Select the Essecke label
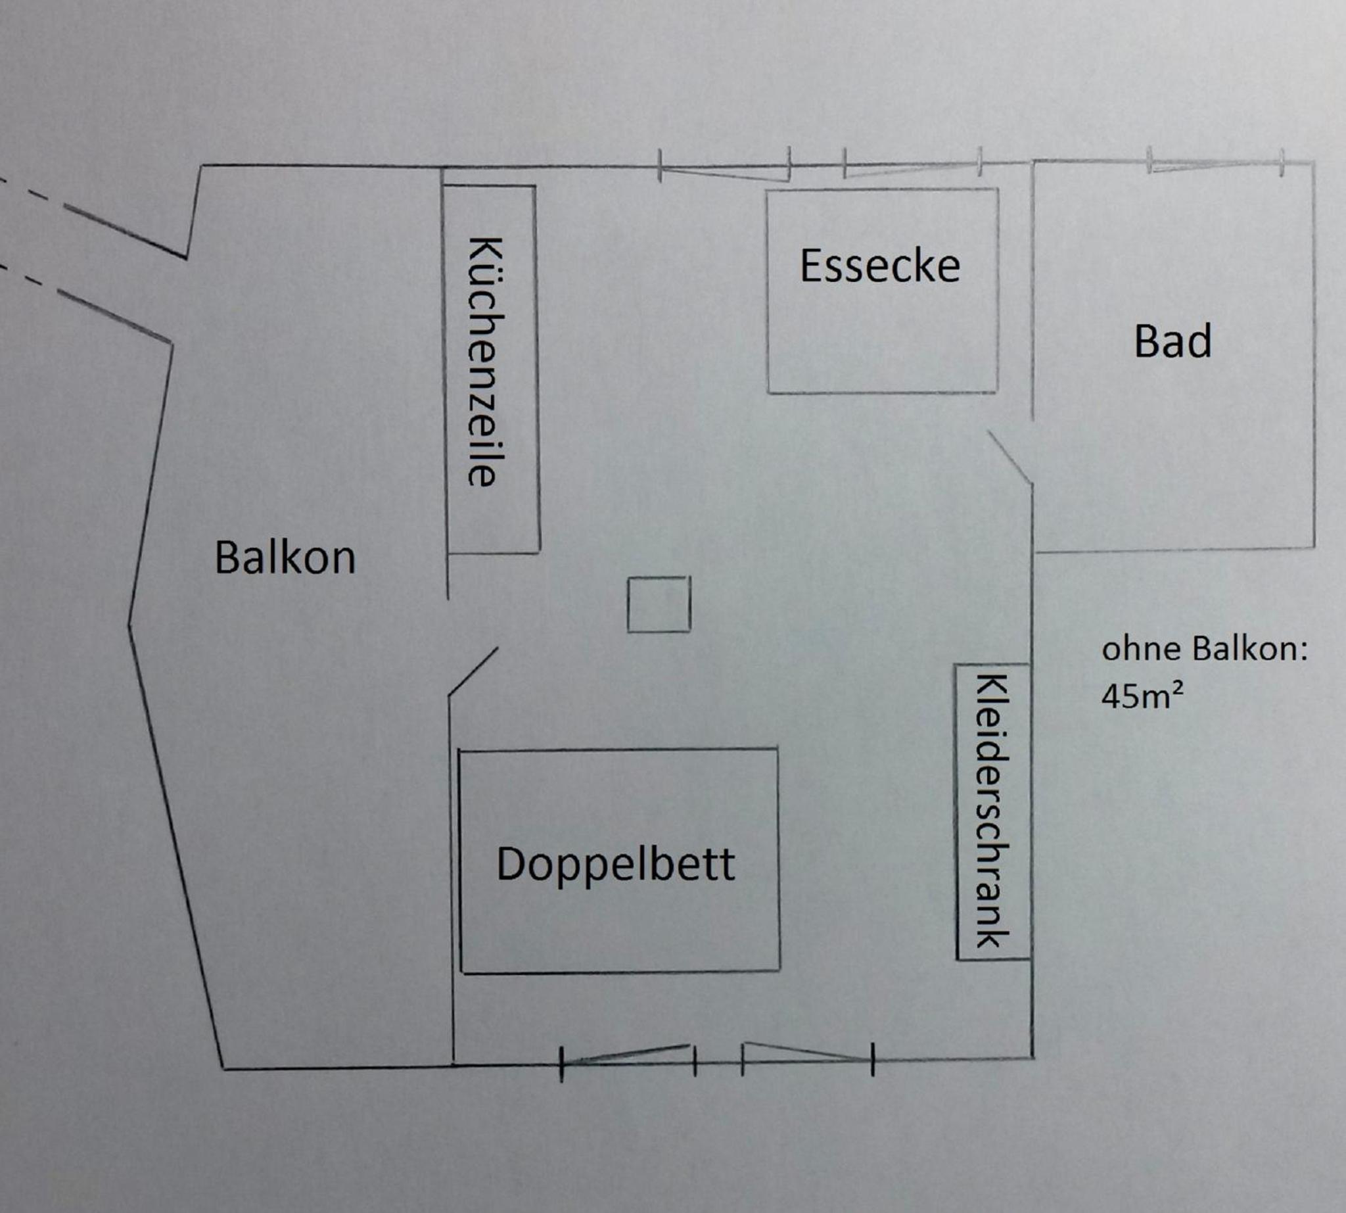(x=879, y=265)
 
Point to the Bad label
(x=1172, y=341)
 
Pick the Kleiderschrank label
(x=992, y=811)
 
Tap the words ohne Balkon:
(x=1205, y=648)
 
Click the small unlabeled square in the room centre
(x=659, y=604)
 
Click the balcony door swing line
(x=473, y=672)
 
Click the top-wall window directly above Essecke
(x=912, y=166)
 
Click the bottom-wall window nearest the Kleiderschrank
(x=807, y=1057)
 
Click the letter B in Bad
(x=1146, y=341)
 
